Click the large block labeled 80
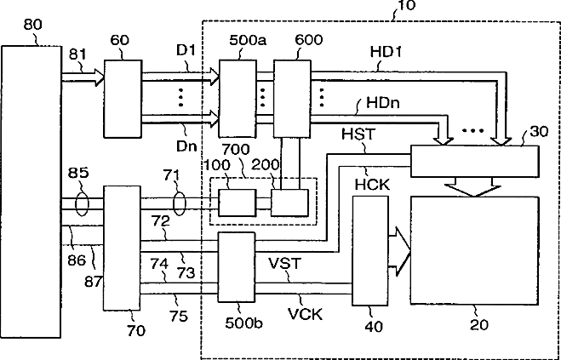pyautogui.click(x=31, y=191)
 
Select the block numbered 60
pyautogui.click(x=123, y=99)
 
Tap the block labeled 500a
pyautogui.click(x=238, y=99)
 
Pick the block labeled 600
pyautogui.click(x=292, y=99)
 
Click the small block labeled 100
pyautogui.click(x=238, y=203)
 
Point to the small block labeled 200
pyautogui.click(x=289, y=203)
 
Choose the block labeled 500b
pyautogui.click(x=237, y=268)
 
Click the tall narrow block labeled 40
pyautogui.click(x=370, y=251)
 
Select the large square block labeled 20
pyautogui.click(x=474, y=250)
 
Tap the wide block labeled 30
pyautogui.click(x=474, y=161)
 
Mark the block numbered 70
pyautogui.click(x=122, y=248)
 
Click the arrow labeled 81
pyautogui.click(x=83, y=77)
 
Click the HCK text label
pyautogui.click(x=373, y=185)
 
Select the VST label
pyautogui.click(x=285, y=263)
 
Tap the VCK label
pyautogui.click(x=305, y=314)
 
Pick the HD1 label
pyautogui.click(x=386, y=52)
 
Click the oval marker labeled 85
pyautogui.click(x=82, y=203)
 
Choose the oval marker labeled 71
pyautogui.click(x=180, y=203)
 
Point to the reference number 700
pyautogui.click(x=236, y=149)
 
